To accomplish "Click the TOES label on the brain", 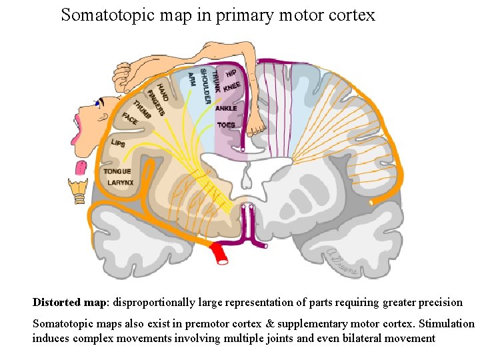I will click(x=226, y=125).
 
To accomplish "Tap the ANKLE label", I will click(x=226, y=108).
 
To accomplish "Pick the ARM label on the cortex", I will click(x=192, y=79).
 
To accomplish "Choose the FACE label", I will click(x=130, y=119).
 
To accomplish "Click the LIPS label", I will click(x=118, y=143).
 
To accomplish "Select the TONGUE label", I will click(x=117, y=171).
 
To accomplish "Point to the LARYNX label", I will click(x=121, y=182).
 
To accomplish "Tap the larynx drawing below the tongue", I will click(x=78, y=189).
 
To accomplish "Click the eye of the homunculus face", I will click(x=99, y=103).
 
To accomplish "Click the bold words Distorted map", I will click(x=70, y=302).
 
